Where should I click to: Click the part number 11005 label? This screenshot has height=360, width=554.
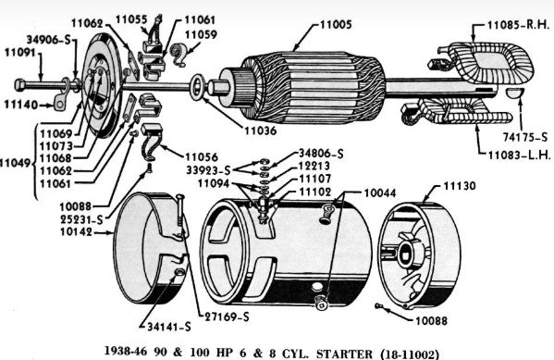coord(336,25)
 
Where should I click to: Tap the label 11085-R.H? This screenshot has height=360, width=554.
coord(518,25)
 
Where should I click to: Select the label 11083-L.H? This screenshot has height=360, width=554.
coord(520,155)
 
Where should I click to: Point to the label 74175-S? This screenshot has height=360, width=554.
coord(525,137)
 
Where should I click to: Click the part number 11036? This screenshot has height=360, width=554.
coord(261,130)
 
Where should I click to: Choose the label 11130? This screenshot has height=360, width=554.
coord(460,186)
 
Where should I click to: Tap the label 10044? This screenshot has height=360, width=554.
coord(380,193)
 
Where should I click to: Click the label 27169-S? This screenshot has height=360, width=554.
coord(228,317)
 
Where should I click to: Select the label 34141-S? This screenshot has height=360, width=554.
coord(169,327)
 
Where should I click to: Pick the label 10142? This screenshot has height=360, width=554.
coord(76,232)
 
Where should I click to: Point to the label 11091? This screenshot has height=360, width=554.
coord(20,53)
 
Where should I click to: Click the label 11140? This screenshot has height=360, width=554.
coord(21,105)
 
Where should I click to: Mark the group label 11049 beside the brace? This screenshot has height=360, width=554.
coord(15,163)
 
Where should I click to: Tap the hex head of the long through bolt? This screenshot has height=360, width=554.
coord(19,85)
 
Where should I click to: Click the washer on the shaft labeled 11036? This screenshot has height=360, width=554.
coord(197,87)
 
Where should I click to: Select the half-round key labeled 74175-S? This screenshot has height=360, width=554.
coord(514,93)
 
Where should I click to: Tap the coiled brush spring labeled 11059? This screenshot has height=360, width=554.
coord(179,54)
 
